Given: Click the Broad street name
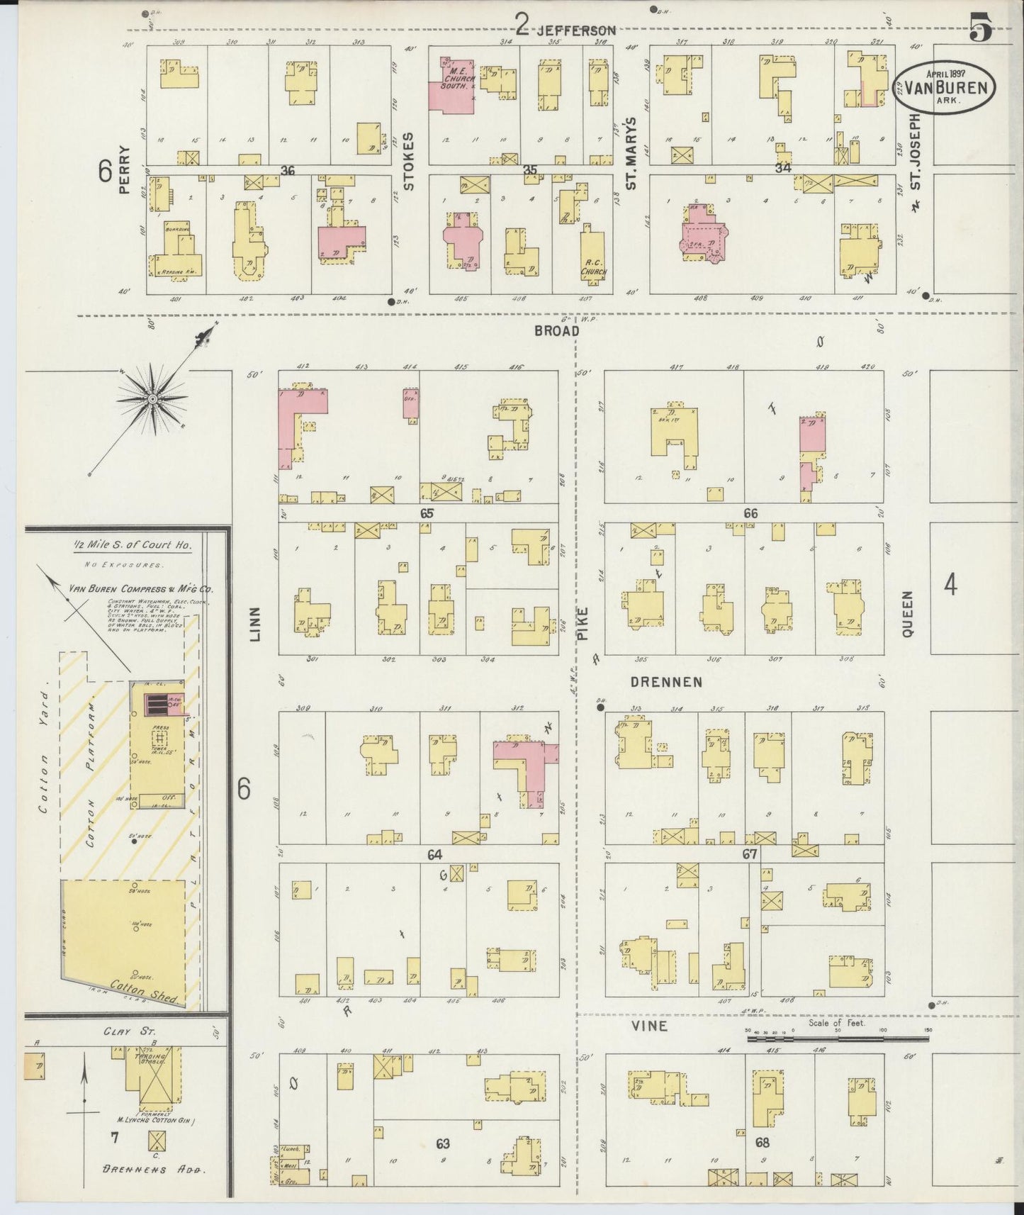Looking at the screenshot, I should (x=556, y=331).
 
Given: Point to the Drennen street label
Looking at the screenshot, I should (x=666, y=682).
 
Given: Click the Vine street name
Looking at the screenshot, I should (x=648, y=1026).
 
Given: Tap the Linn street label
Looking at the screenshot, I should (x=255, y=624).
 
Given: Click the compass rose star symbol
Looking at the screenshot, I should (x=152, y=401).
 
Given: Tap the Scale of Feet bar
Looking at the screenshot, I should (x=838, y=1038).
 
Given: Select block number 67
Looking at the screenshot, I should (x=750, y=854).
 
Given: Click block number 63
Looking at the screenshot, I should (x=443, y=1143).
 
